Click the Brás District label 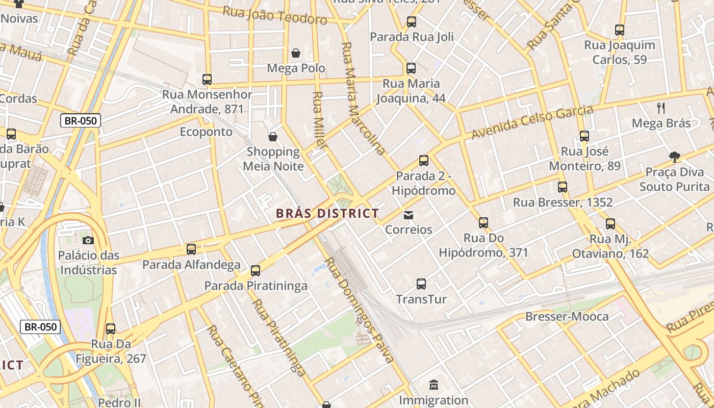click(x=327, y=213)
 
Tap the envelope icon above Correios click(x=409, y=215)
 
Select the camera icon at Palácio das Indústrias click(x=88, y=240)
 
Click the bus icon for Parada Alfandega click(x=191, y=249)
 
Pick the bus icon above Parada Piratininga click(x=256, y=271)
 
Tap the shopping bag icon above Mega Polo click(x=295, y=53)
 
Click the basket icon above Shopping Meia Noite click(x=273, y=137)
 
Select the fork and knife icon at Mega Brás click(x=661, y=108)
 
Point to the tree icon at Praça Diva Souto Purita click(x=674, y=157)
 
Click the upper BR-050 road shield click(x=81, y=121)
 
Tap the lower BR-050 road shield click(x=40, y=327)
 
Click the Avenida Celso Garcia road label click(x=532, y=122)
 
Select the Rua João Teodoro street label click(x=275, y=15)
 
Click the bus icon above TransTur click(x=421, y=284)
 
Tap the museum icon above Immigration click(x=433, y=385)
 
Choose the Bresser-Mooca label click(x=567, y=317)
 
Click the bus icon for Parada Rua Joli click(x=411, y=22)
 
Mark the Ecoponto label click(x=206, y=132)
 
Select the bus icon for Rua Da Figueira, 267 click(x=111, y=329)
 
